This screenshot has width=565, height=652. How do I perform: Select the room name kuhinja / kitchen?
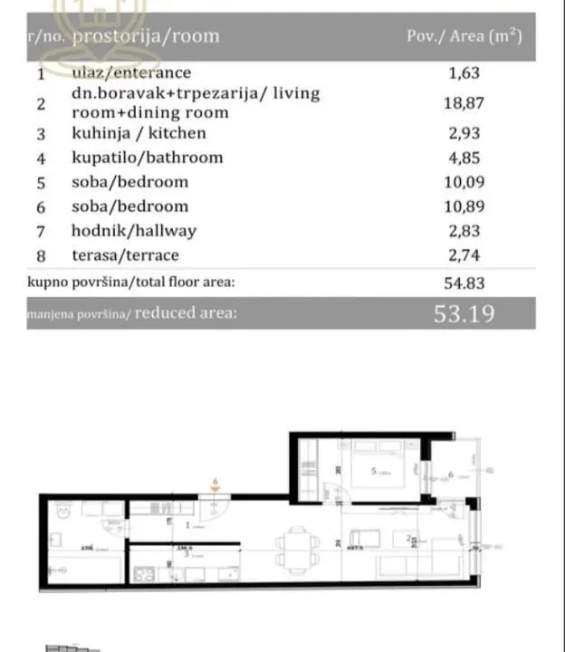point(139,133)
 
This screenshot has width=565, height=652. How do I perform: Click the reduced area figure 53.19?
point(467,314)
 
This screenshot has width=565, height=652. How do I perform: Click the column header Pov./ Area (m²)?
point(464,37)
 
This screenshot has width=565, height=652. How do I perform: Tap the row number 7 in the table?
point(41,231)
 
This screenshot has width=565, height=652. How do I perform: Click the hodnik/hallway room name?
point(134,231)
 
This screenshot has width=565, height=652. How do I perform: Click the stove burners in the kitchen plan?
point(145,573)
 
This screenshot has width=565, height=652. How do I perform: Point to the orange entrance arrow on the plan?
point(215,492)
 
